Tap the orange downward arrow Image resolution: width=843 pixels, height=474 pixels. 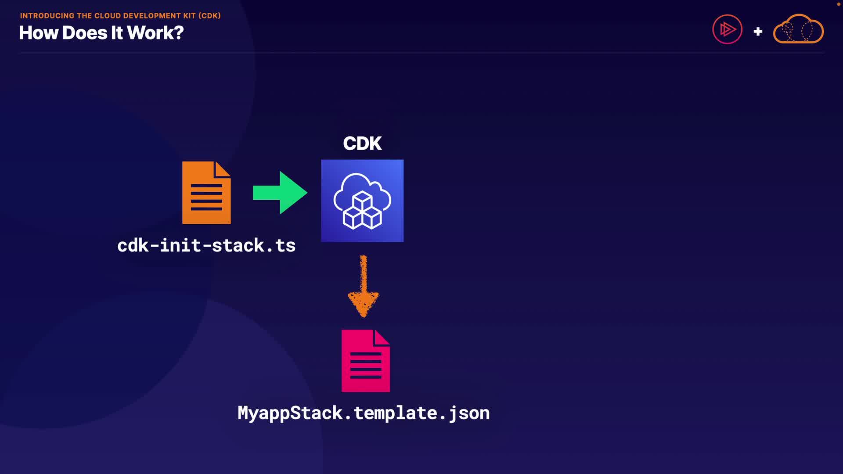click(363, 287)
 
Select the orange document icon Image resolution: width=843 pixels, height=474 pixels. click(206, 193)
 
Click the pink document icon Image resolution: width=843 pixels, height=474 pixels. click(365, 361)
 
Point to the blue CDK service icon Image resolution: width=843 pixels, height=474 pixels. click(362, 201)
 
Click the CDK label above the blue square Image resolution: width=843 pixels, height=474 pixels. click(362, 144)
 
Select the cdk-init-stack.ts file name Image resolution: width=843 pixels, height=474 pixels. click(206, 245)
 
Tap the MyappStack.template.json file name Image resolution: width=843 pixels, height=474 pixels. click(364, 413)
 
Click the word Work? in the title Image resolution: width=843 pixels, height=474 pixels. click(155, 33)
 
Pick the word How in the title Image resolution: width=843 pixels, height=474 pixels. click(39, 33)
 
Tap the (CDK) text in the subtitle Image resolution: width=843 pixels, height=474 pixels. click(209, 16)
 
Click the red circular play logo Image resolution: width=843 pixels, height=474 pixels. click(727, 29)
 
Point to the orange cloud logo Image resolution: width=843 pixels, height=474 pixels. click(798, 29)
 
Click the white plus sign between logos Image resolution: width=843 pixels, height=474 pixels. click(758, 32)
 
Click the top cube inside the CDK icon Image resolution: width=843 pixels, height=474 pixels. click(362, 200)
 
